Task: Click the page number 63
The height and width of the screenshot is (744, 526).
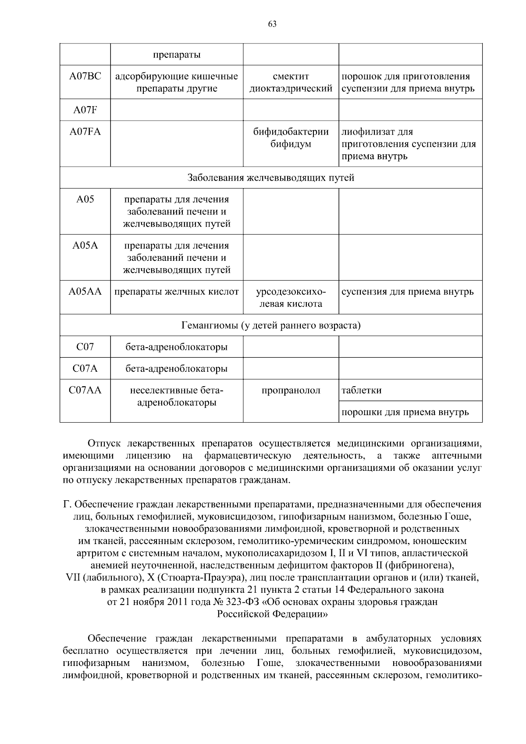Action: pos(272,25)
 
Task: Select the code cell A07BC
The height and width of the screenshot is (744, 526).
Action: pos(85,76)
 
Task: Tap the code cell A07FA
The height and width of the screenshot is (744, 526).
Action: pos(85,132)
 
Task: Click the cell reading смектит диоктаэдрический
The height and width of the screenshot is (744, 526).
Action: pos(291,82)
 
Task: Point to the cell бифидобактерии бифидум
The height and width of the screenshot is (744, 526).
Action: pos(291,138)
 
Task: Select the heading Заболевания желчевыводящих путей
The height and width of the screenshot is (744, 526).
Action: pos(271,178)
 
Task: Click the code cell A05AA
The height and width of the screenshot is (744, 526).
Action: pos(85,292)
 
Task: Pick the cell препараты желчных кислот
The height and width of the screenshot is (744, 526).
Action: pos(177,292)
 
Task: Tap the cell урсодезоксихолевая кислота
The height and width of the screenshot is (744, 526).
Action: pos(291,298)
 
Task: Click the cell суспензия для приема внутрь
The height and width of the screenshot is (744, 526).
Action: pos(408,292)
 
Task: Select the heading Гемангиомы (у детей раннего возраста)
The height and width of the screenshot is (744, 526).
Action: pos(271,326)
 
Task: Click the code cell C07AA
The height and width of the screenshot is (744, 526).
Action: pos(85,390)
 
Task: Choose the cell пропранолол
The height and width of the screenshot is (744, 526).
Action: pos(291,390)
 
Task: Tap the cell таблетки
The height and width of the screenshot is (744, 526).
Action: pos(362,390)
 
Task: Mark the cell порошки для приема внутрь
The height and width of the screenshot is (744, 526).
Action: pos(405,412)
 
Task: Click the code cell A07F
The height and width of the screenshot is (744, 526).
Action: pos(85,110)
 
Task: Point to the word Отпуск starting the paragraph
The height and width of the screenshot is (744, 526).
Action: pos(104,443)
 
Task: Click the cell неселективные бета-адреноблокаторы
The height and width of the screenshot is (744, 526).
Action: pos(177,396)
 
